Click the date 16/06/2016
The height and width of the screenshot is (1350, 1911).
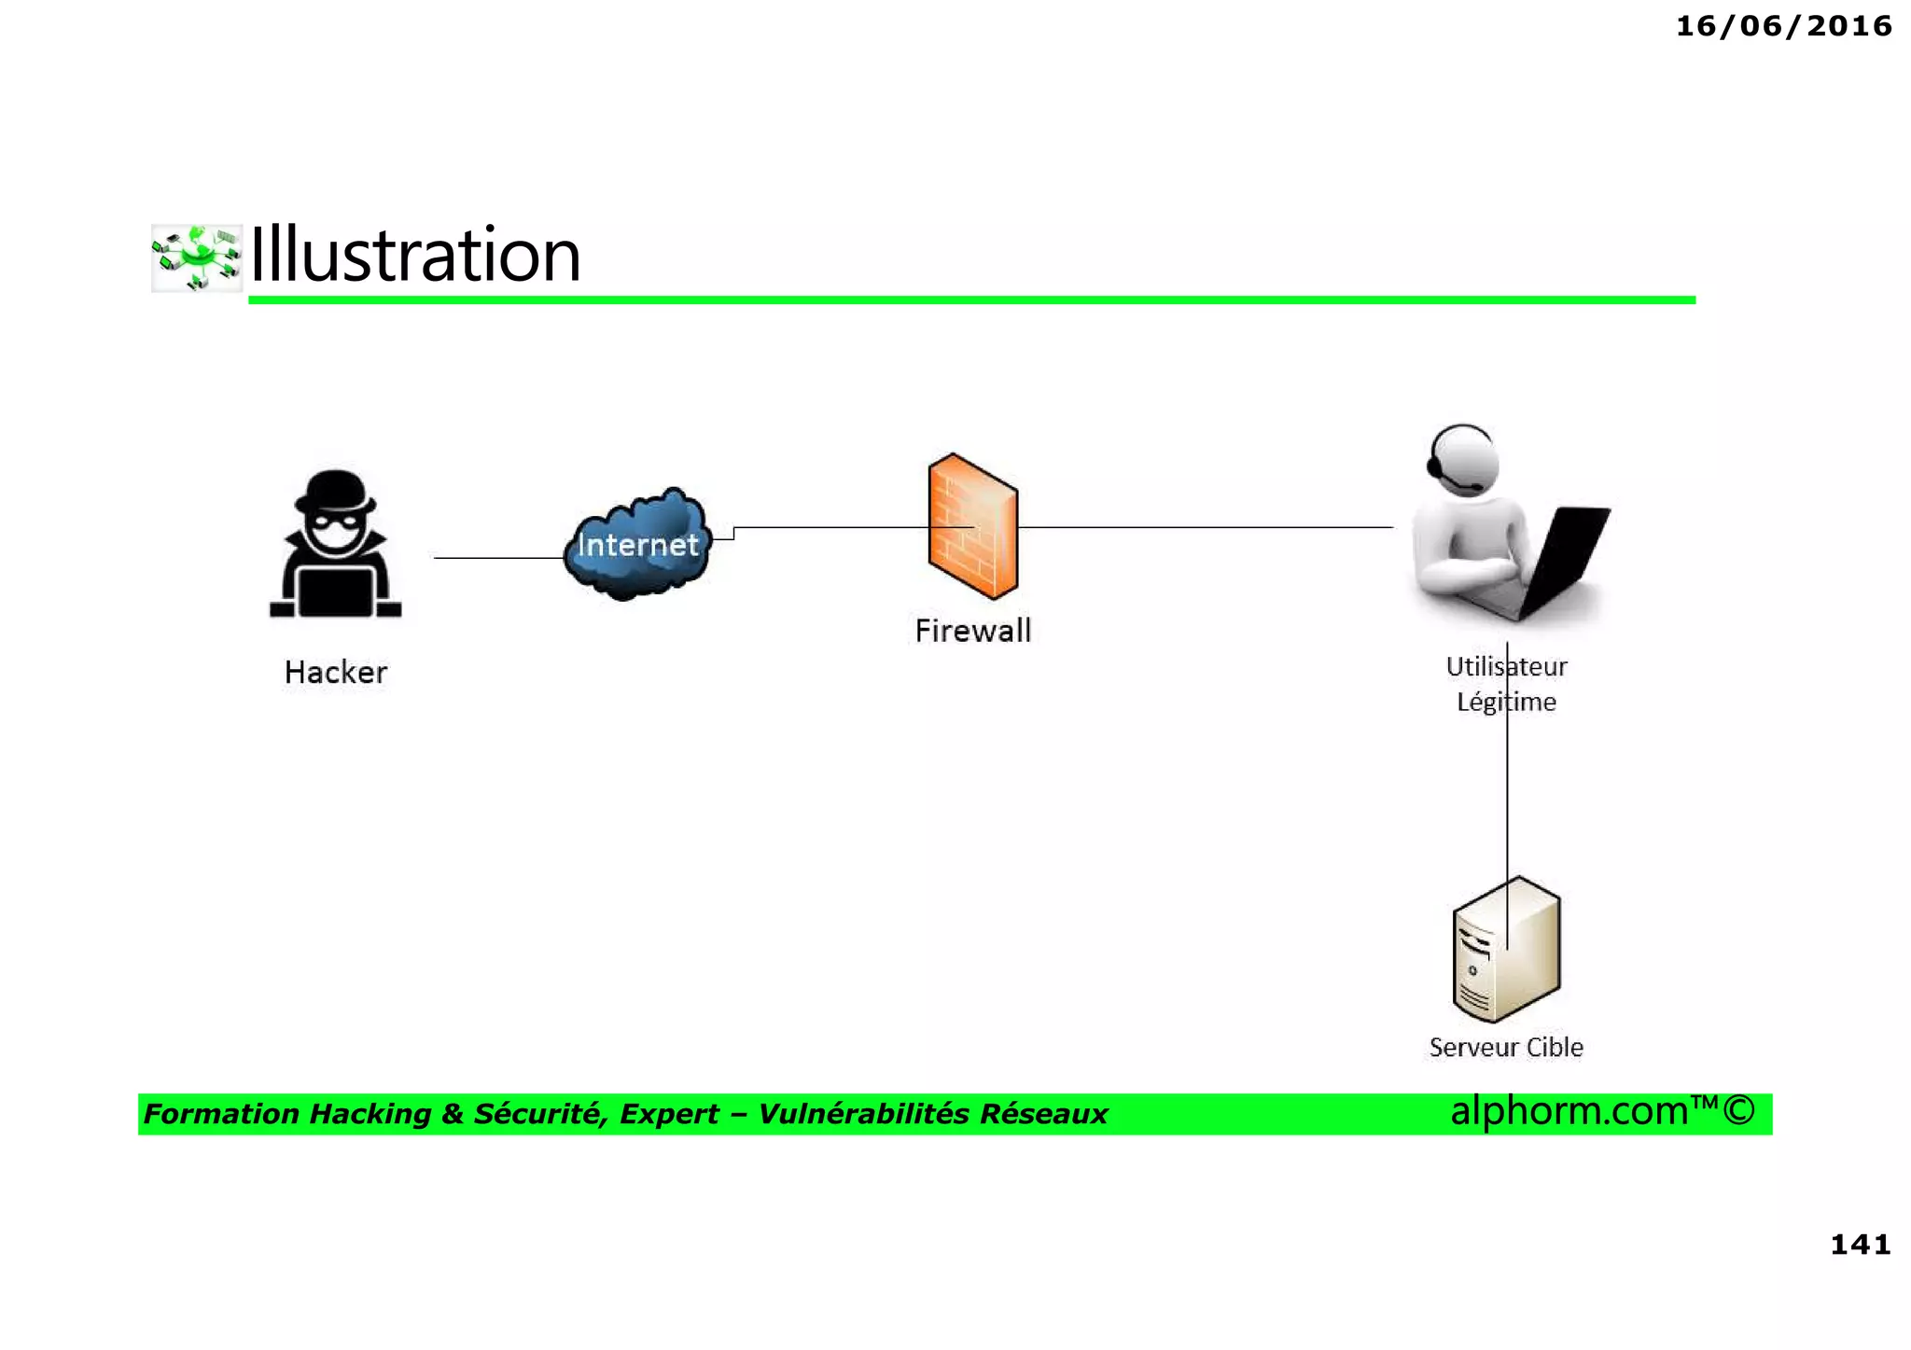1783,26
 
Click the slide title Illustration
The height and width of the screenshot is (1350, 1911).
415,255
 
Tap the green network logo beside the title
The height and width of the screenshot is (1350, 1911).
197,257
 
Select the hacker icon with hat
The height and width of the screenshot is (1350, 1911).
335,545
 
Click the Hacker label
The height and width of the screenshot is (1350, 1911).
335,672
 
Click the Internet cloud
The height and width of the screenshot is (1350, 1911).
637,544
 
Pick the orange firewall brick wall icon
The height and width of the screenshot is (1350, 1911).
972,526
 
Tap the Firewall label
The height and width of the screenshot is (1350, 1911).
972,631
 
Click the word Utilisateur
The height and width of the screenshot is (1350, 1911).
1506,667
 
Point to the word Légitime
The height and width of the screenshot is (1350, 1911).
1506,702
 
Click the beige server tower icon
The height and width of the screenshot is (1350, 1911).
1506,952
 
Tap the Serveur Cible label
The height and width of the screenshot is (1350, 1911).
1506,1047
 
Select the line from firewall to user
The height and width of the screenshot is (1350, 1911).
1204,527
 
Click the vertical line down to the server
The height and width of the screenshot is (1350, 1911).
1507,802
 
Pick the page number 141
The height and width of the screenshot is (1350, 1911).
1860,1244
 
